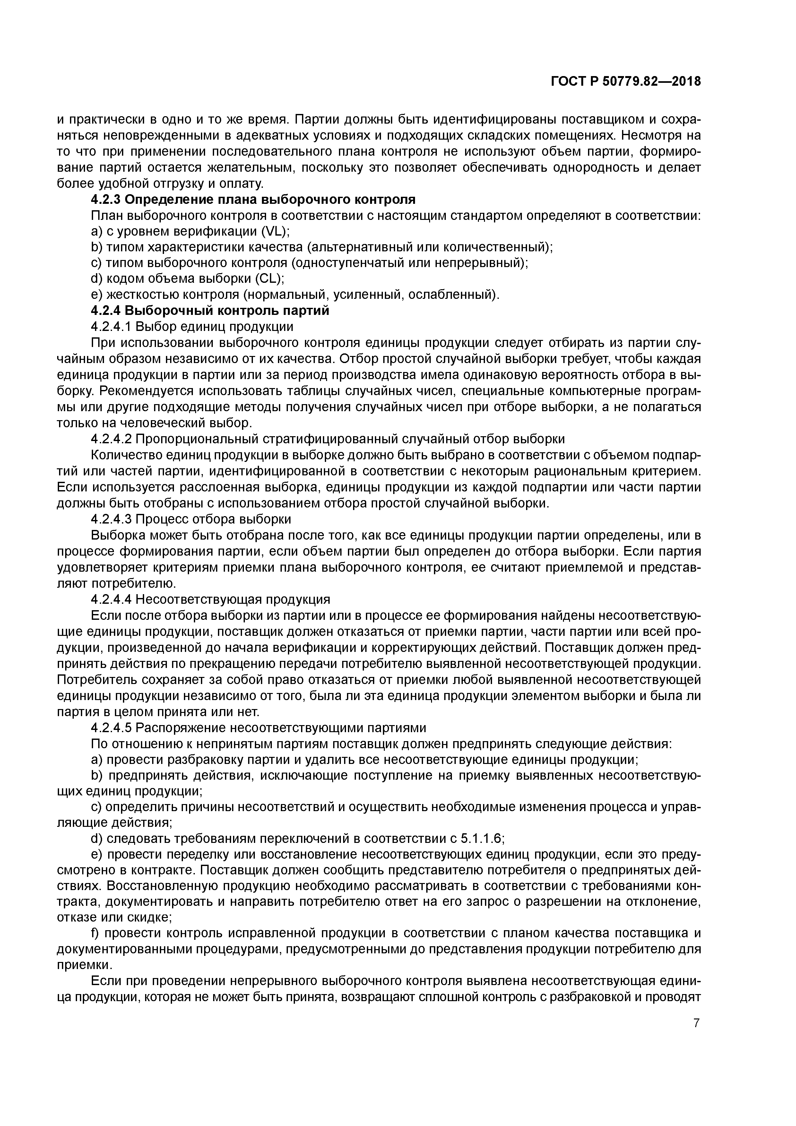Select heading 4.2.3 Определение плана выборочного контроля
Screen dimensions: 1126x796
tap(253, 200)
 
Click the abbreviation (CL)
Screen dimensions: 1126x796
tap(270, 279)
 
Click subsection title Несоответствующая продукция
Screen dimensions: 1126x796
tap(233, 599)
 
